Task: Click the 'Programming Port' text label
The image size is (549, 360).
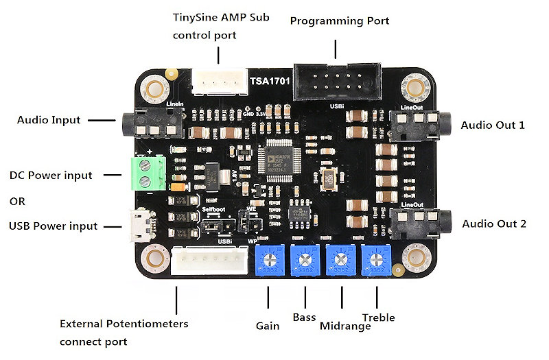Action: [339, 21]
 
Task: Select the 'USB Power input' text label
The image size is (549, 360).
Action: [53, 226]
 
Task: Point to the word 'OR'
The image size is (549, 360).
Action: [18, 202]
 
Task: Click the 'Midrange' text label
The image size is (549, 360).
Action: [345, 326]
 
